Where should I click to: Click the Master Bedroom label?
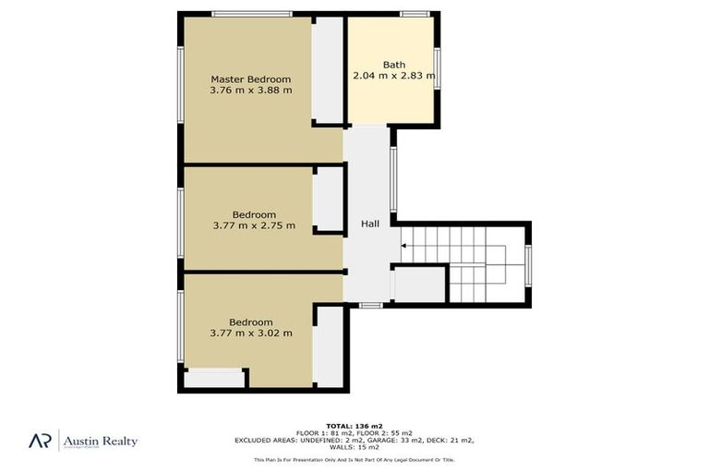pyautogui.click(x=250, y=79)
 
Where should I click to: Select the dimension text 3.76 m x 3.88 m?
pyautogui.click(x=250, y=91)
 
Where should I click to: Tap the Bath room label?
pyautogui.click(x=394, y=65)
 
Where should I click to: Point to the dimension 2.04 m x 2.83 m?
pyautogui.click(x=393, y=77)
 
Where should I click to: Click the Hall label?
pyautogui.click(x=369, y=224)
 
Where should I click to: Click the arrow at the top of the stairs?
pyautogui.click(x=404, y=246)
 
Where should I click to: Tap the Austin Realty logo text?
pyautogui.click(x=100, y=442)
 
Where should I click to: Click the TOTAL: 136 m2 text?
pyautogui.click(x=354, y=425)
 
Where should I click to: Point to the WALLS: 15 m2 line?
pyautogui.click(x=354, y=447)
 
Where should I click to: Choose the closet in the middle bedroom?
pyautogui.click(x=328, y=200)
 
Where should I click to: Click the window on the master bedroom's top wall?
pyautogui.click(x=251, y=14)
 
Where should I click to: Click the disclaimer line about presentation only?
pyautogui.click(x=354, y=459)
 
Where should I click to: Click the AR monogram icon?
pyautogui.click(x=39, y=441)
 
